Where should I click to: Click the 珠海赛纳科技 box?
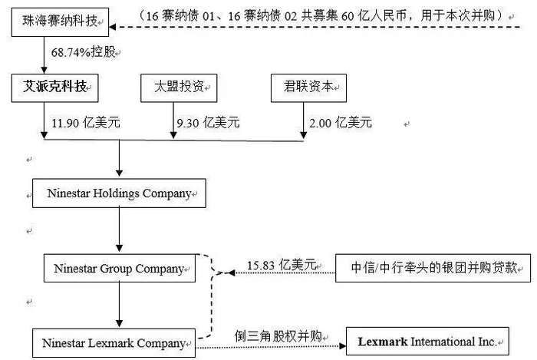point(60,22)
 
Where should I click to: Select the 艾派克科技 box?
point(54,88)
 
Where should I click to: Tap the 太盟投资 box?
point(179,88)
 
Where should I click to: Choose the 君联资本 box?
point(308,88)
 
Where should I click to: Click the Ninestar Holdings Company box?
point(119,193)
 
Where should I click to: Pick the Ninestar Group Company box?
point(120,268)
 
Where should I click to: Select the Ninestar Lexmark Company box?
point(114,343)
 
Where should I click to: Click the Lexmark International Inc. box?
point(427,341)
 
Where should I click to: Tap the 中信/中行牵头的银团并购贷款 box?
point(433,268)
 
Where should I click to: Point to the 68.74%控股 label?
point(83,52)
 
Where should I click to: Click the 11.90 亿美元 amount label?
point(86,123)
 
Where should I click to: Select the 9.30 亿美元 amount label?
point(208,123)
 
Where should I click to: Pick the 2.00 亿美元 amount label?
point(341,123)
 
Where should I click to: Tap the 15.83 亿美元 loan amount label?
point(282,265)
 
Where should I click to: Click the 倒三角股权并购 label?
point(278,336)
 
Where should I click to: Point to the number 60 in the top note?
point(348,16)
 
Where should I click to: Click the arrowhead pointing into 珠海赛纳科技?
point(112,27)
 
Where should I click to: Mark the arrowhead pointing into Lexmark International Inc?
point(342,345)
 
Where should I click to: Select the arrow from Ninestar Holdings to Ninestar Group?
point(119,230)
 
